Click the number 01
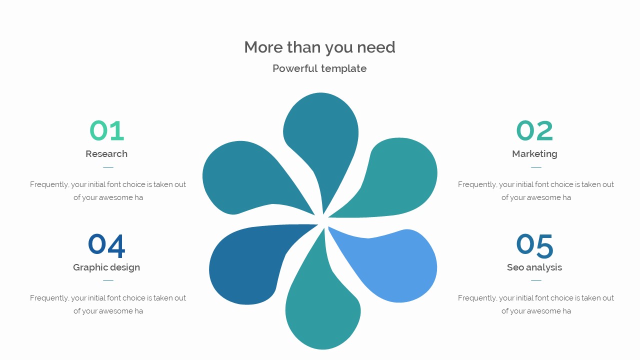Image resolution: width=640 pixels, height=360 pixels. [x=106, y=131]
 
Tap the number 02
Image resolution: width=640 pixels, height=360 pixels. [x=534, y=131]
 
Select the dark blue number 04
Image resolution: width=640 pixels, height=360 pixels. [x=106, y=245]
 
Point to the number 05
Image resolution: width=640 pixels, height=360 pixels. [x=534, y=245]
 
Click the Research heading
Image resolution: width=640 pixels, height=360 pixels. [x=106, y=154]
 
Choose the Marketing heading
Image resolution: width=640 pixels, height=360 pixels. [x=534, y=154]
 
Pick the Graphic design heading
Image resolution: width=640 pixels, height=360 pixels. [x=106, y=267]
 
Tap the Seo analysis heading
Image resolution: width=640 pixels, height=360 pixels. [x=534, y=267]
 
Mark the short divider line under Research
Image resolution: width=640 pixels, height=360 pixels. [x=108, y=167]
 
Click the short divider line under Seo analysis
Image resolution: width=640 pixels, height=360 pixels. [x=536, y=280]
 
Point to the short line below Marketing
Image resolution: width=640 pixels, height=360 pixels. [x=536, y=167]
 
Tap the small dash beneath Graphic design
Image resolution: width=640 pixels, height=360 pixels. [x=108, y=280]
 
